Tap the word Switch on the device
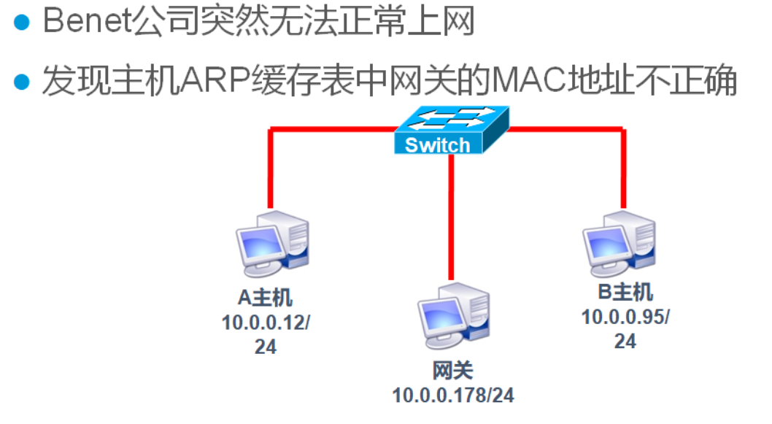pos(438,144)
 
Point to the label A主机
pos(266,298)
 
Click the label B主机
pos(625,293)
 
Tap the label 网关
pos(453,371)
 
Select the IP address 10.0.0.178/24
pos(453,396)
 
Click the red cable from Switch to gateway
pos(453,219)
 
